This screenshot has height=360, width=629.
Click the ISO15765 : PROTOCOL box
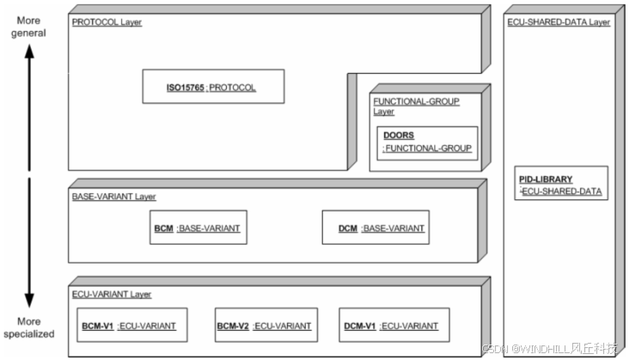[212, 87]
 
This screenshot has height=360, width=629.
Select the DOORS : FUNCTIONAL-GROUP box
[427, 143]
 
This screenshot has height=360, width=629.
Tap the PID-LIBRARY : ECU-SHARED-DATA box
[563, 183]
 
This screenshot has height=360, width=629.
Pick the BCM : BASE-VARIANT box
[198, 228]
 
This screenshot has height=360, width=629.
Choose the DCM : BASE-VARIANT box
[376, 228]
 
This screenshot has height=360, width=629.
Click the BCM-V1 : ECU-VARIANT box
[129, 326]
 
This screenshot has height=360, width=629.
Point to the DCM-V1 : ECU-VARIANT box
[389, 326]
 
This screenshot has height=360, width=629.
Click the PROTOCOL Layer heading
[107, 22]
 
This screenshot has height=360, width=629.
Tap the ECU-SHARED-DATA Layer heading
[558, 22]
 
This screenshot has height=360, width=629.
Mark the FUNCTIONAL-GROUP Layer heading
[416, 106]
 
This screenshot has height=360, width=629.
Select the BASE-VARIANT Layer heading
[113, 197]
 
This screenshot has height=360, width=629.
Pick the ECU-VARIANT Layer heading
[112, 294]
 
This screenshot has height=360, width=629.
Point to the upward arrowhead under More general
[28, 52]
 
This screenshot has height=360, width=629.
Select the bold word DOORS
[399, 135]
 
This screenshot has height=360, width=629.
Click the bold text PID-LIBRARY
[547, 179]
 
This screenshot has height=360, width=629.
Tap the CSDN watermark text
[550, 348]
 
